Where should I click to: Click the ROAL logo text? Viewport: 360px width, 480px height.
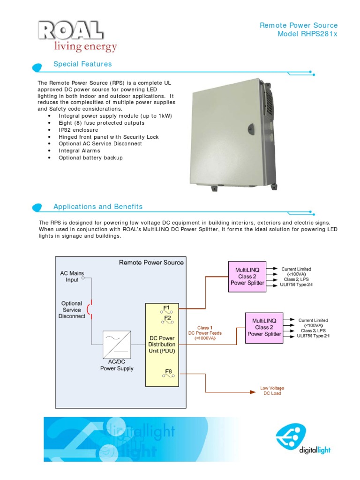[71, 31]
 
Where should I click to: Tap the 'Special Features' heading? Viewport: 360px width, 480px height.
[82, 64]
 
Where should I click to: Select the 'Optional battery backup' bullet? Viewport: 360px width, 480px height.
[90, 158]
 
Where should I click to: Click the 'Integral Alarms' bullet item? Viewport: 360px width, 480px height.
[79, 151]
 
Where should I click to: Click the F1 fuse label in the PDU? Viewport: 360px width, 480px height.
[166, 308]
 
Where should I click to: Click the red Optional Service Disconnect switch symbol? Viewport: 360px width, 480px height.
[90, 309]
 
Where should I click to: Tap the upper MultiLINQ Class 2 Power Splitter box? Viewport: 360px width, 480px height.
[247, 276]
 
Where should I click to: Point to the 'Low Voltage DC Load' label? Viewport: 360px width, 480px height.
[272, 391]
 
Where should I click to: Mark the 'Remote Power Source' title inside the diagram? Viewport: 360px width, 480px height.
[151, 263]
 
